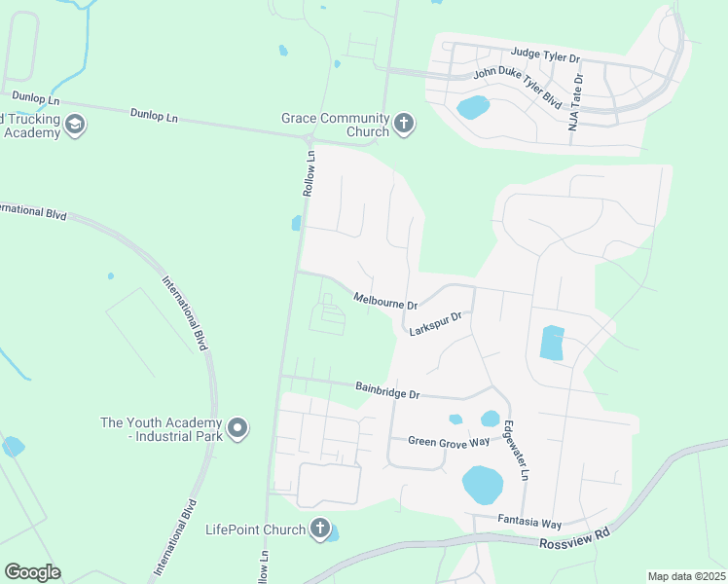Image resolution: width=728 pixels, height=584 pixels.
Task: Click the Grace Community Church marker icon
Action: [404, 125]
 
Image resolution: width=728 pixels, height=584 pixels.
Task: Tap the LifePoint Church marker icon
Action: [319, 529]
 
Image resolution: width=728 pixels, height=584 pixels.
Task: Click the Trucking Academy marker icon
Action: [75, 125]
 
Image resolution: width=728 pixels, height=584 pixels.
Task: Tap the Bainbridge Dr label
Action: [386, 393]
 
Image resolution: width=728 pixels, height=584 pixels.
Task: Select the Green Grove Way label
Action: [449, 442]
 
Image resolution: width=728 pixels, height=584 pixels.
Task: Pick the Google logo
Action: [32, 572]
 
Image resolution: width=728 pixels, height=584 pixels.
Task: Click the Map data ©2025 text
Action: [686, 576]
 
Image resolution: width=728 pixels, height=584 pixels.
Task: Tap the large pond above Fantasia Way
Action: [482, 484]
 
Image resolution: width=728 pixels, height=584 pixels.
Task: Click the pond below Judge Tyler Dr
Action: [473, 107]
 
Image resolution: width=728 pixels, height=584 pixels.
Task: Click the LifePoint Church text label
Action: [255, 530]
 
